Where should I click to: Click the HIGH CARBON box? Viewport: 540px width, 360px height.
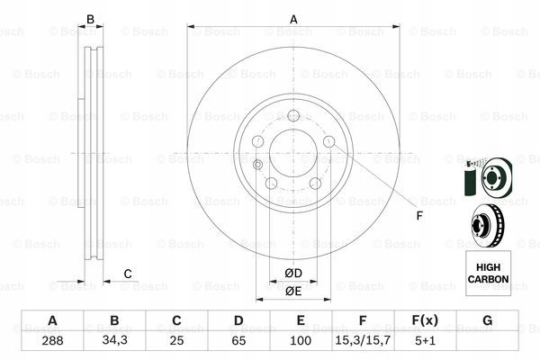[x=487, y=274]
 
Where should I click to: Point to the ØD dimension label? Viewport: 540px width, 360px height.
[x=292, y=272]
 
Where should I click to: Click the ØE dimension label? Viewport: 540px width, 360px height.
[x=292, y=291]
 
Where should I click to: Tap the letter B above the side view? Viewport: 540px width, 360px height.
[x=89, y=19]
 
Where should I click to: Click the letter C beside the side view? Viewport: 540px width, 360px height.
[x=128, y=274]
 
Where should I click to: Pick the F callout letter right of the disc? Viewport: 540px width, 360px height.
[x=418, y=215]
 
